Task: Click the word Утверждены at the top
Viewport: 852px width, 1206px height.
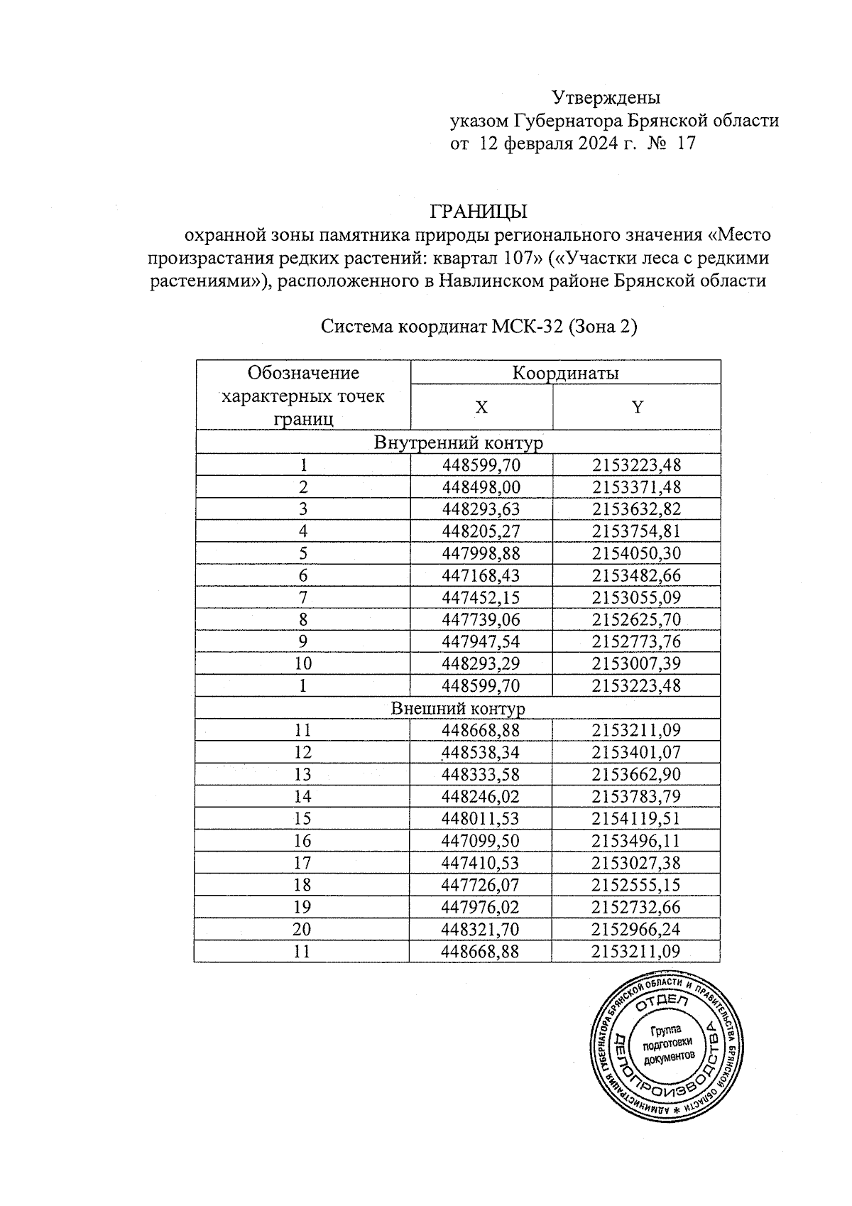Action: pos(606,97)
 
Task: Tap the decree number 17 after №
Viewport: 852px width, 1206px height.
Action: pos(687,143)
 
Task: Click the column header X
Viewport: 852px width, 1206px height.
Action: pos(481,408)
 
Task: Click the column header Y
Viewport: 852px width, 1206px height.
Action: pos(637,407)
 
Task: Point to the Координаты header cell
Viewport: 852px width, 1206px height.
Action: pos(565,373)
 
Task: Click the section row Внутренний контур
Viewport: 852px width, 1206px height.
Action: pos(458,443)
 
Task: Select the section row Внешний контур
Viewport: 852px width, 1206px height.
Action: pos(458,708)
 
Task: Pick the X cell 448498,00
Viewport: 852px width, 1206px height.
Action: pos(481,487)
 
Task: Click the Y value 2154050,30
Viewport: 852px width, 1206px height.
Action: pos(636,553)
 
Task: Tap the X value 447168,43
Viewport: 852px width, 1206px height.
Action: pos(481,575)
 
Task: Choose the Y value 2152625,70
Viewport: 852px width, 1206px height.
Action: pos(636,619)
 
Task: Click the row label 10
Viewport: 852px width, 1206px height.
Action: pos(303,663)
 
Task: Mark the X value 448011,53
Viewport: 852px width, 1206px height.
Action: pos(481,818)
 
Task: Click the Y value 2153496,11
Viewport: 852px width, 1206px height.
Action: pos(636,841)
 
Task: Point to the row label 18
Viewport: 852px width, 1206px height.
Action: pos(302,884)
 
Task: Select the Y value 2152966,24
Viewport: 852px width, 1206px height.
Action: pos(636,929)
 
